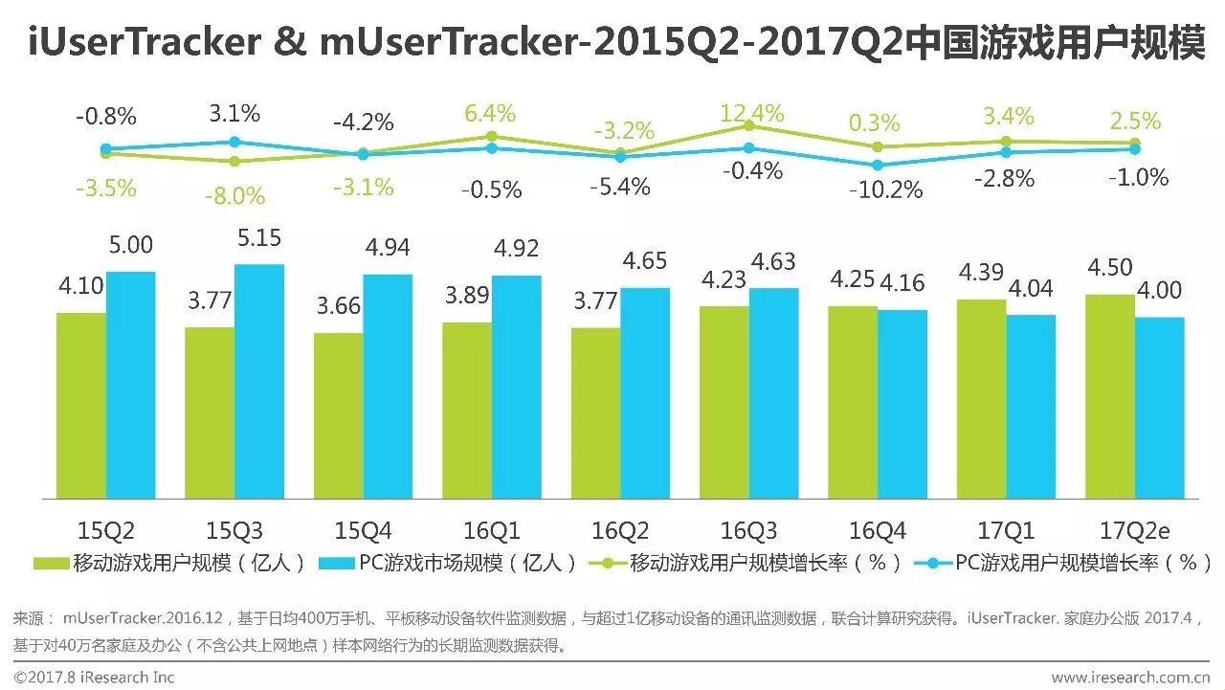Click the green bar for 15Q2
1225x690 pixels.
click(x=81, y=405)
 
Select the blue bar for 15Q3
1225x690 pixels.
click(x=258, y=381)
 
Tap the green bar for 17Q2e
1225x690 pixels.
click(x=1109, y=396)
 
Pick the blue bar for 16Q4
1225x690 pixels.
click(x=902, y=404)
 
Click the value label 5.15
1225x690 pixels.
click(x=258, y=238)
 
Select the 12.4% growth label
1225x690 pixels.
click(x=751, y=112)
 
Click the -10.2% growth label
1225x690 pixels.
click(x=885, y=189)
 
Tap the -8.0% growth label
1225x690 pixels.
click(x=234, y=196)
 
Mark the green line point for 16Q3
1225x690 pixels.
click(x=749, y=125)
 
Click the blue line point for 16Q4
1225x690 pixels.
click(x=878, y=165)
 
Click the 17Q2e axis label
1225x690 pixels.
click(x=1135, y=530)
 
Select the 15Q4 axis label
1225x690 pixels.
click(x=361, y=530)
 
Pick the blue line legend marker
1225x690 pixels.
click(x=932, y=563)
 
